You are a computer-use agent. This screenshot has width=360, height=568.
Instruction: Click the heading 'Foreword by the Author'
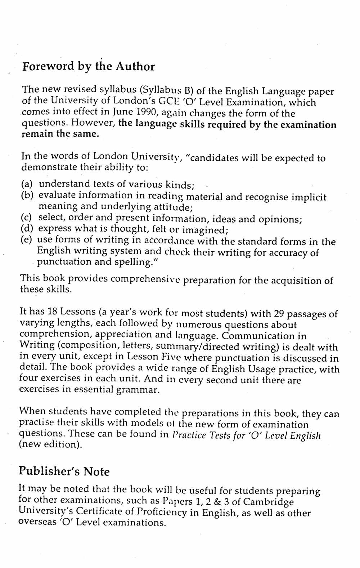tap(89, 67)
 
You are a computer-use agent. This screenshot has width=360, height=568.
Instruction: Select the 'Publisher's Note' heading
tap(64, 471)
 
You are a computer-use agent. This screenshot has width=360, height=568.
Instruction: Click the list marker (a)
tap(27, 184)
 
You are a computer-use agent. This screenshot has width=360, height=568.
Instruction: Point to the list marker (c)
tap(27, 218)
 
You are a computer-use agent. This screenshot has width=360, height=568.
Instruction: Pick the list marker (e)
tap(26, 240)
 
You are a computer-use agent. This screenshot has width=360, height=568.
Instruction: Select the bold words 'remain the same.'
tap(60, 134)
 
